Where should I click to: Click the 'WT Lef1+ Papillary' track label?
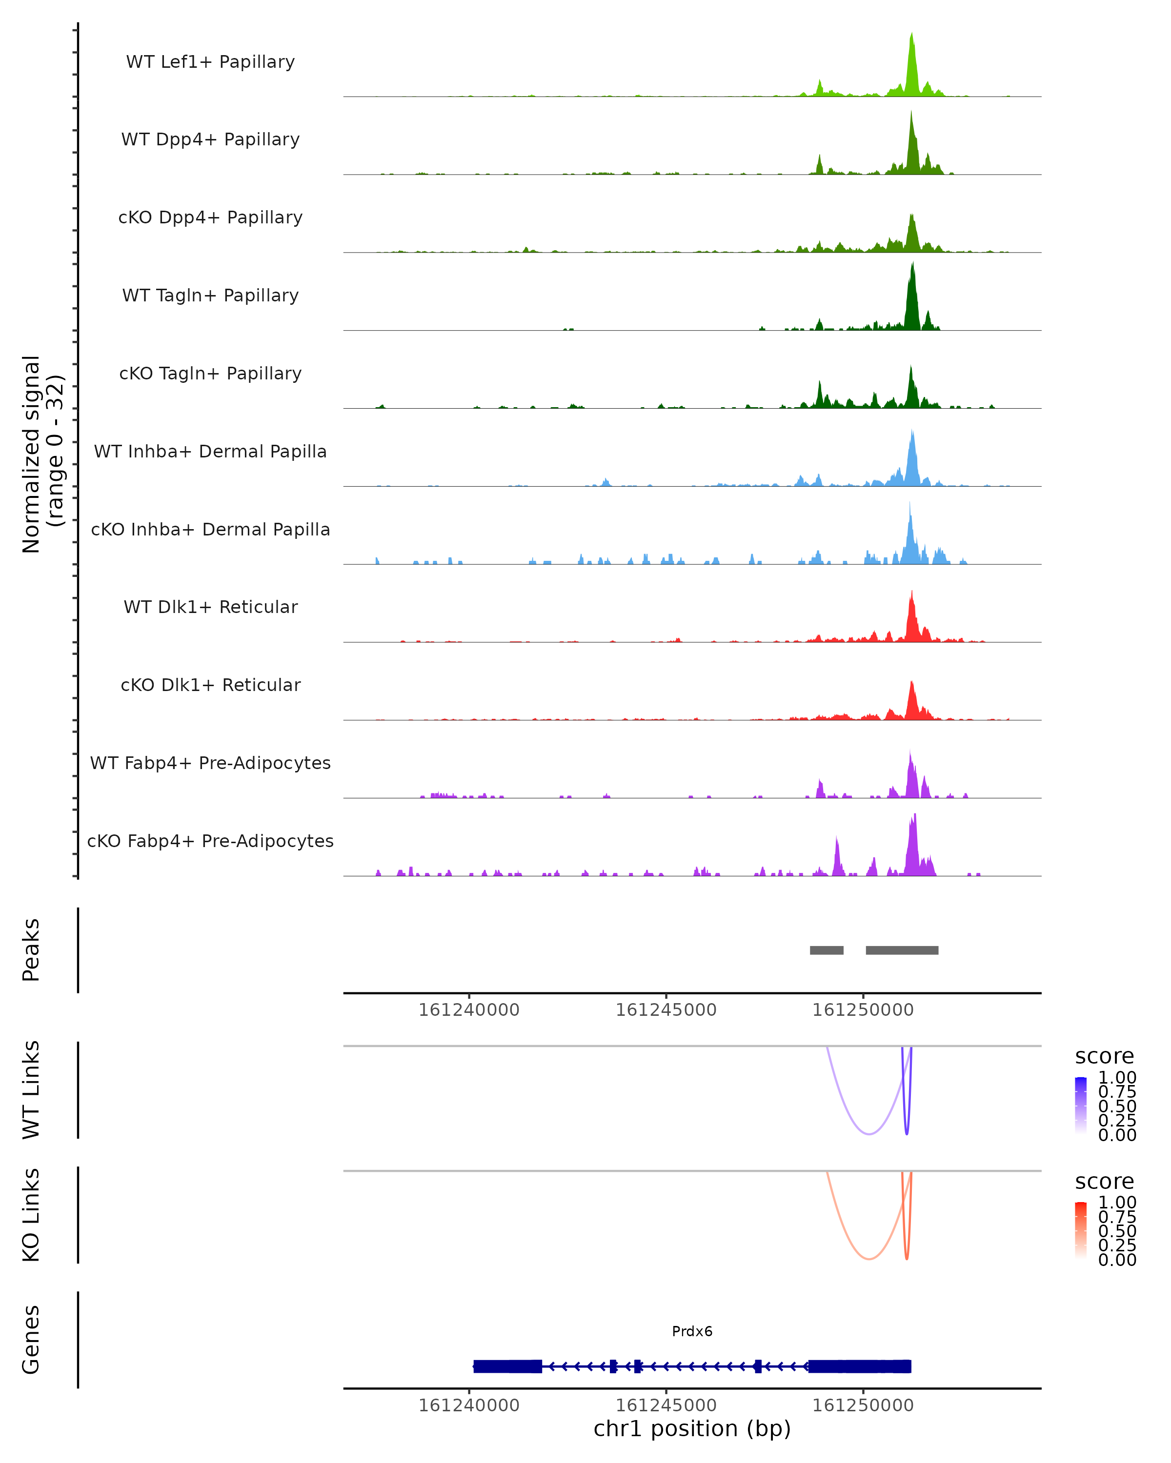(210, 62)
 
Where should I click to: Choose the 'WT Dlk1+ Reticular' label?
(210, 607)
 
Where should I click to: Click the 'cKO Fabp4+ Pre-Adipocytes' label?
(210, 841)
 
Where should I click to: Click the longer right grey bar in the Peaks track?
(902, 950)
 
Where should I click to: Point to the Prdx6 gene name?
(692, 1331)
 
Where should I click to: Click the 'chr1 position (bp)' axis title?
(692, 1428)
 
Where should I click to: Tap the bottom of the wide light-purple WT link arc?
(869, 1133)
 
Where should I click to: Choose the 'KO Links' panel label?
(31, 1215)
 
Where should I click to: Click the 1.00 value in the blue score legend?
(1117, 1078)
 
